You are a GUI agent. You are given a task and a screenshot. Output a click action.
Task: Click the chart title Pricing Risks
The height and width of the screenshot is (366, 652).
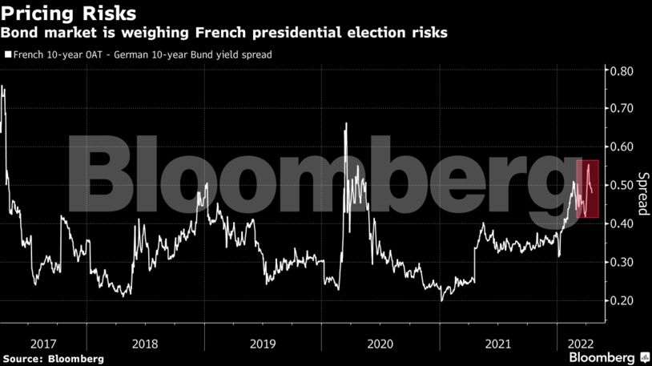tap(68, 14)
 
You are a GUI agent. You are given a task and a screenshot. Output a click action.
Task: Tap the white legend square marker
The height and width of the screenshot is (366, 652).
tap(8, 55)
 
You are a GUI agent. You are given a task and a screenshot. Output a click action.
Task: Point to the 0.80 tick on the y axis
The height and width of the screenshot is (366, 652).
tap(622, 71)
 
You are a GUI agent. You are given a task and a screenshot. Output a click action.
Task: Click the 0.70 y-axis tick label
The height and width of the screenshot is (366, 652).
tap(622, 108)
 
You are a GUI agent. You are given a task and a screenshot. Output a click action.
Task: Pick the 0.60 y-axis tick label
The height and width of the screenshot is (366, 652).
tap(622, 147)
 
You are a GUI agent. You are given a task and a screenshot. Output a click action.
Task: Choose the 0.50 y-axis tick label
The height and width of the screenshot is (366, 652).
tap(622, 185)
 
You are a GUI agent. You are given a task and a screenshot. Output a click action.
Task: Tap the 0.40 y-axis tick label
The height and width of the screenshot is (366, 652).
tap(622, 223)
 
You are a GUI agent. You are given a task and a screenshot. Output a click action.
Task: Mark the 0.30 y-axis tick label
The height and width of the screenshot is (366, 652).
tap(622, 262)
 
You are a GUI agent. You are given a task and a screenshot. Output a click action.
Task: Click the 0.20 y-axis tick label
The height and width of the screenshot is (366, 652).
tap(622, 300)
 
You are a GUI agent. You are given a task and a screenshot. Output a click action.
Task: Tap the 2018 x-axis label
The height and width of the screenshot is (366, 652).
tap(144, 343)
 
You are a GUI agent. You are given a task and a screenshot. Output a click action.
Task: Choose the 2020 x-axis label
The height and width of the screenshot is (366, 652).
tap(380, 343)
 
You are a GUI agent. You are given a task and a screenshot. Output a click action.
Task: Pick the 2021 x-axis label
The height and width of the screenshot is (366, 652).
tap(497, 343)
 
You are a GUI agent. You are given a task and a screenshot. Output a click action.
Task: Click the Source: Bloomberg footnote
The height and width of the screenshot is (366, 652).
tap(54, 359)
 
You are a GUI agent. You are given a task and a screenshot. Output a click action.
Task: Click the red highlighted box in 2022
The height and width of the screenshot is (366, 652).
tap(587, 189)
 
